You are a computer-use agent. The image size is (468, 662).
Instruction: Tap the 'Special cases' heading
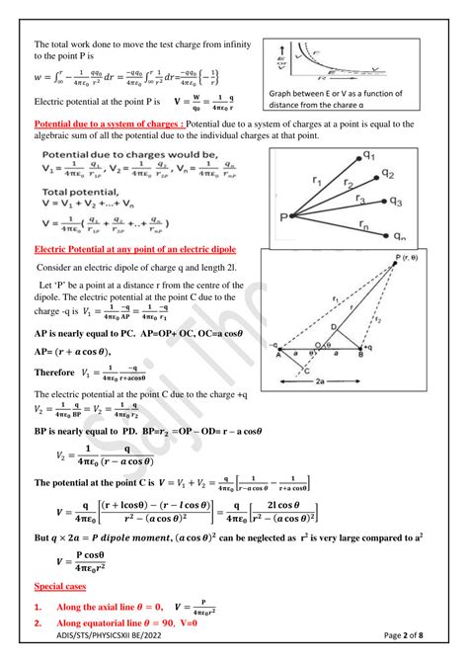tap(60, 586)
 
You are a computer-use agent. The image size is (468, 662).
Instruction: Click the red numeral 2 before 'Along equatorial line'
tap(38, 624)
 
